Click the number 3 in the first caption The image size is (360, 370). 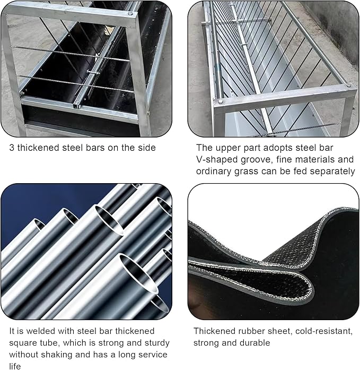point(12,148)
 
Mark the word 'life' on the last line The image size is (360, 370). point(15,366)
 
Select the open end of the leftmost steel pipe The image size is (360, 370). point(39,224)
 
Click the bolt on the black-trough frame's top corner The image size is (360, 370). point(130,14)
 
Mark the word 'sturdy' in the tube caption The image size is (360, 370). point(157,343)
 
